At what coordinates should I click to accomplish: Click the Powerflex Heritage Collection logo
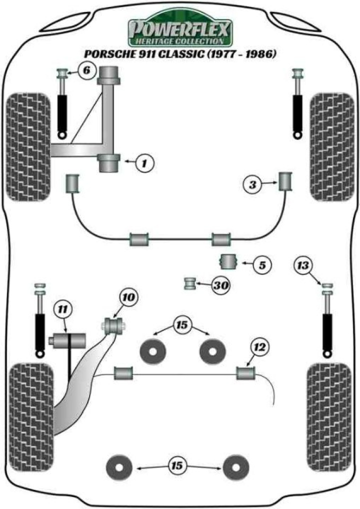click(180, 31)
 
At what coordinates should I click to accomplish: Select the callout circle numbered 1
click(144, 162)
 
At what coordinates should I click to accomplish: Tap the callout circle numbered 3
click(253, 185)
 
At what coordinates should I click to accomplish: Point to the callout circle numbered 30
click(220, 285)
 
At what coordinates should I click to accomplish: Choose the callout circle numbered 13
click(302, 264)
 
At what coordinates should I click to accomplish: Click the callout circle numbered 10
click(128, 298)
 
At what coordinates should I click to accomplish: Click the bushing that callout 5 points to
click(228, 261)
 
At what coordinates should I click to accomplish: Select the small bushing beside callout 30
click(189, 284)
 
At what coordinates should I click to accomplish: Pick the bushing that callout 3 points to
click(286, 180)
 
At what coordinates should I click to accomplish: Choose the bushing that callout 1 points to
click(108, 163)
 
